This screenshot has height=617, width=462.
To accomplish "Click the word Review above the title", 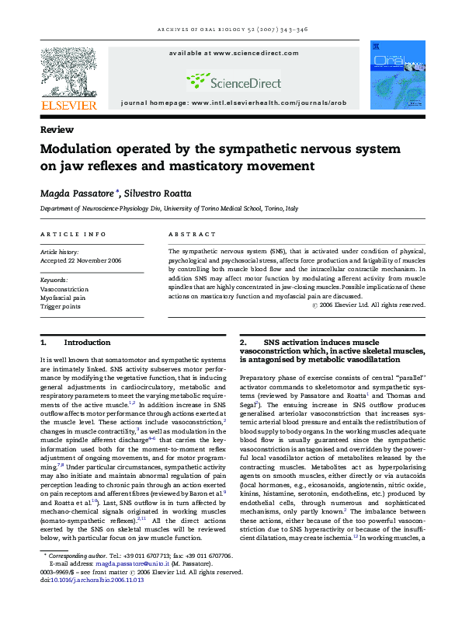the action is (57, 130).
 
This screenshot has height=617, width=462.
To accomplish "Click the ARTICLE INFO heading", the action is (73, 233).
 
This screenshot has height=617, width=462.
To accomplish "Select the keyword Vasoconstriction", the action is (63, 288).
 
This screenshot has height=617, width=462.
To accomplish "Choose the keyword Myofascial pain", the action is (62, 297).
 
